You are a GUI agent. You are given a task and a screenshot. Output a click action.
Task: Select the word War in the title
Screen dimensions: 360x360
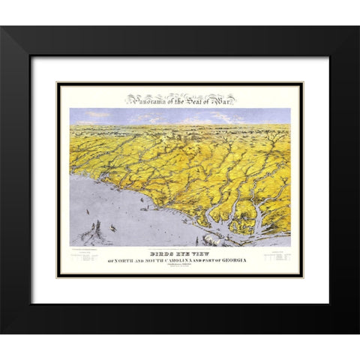tap(226, 98)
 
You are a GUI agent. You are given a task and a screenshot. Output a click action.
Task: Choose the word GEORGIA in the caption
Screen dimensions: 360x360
tap(232, 260)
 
